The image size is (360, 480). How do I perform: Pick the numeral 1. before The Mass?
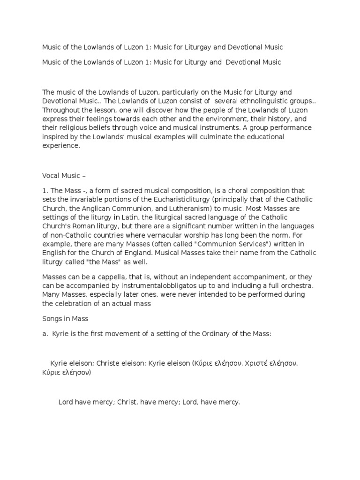(45, 191)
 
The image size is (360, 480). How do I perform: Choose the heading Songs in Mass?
(65, 319)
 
